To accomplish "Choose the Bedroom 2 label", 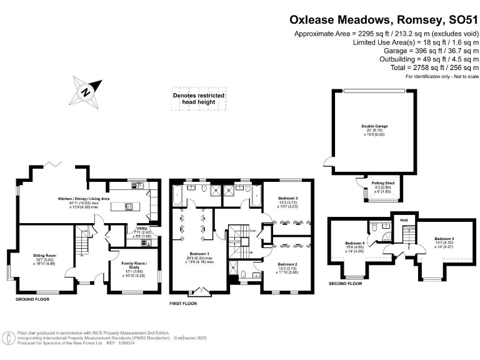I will (x=287, y=264).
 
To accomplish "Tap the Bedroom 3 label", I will (x=288, y=198).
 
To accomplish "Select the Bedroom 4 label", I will (x=354, y=243).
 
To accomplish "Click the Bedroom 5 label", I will (x=443, y=239).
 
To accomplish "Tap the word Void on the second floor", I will (x=404, y=220).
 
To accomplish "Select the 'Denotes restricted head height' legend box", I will (x=199, y=99).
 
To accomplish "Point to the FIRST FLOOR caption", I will (x=183, y=303).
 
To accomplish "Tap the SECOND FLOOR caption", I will (x=344, y=283).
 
